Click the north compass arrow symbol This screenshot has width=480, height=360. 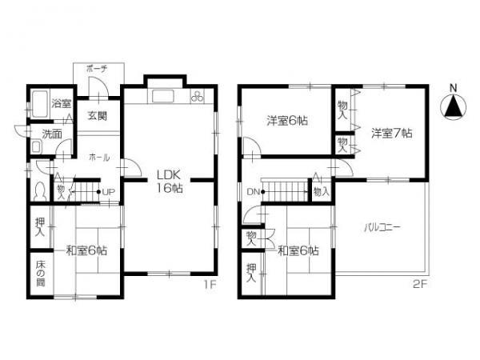point(453,106)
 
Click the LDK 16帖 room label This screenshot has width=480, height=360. point(170,182)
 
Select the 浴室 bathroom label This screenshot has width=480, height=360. point(62,103)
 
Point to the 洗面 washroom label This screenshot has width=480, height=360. point(53,134)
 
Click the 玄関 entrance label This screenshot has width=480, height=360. point(97,114)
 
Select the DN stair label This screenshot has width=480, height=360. point(253,192)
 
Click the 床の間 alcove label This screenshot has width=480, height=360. point(40,275)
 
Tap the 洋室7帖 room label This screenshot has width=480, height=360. point(391,132)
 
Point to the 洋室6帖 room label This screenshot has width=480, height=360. point(287,121)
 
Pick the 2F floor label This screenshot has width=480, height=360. point(419,284)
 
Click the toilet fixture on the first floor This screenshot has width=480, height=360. point(40,192)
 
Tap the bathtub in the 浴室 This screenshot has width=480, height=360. point(39,103)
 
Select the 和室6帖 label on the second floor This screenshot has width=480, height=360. point(298,250)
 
